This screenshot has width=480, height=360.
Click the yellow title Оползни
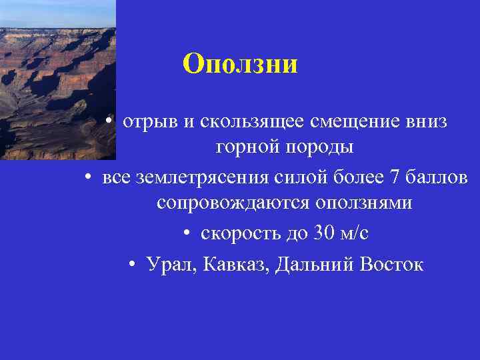(240, 64)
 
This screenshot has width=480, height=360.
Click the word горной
(248, 147)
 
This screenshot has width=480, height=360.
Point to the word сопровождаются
(231, 203)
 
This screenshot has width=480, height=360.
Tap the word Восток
(391, 265)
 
